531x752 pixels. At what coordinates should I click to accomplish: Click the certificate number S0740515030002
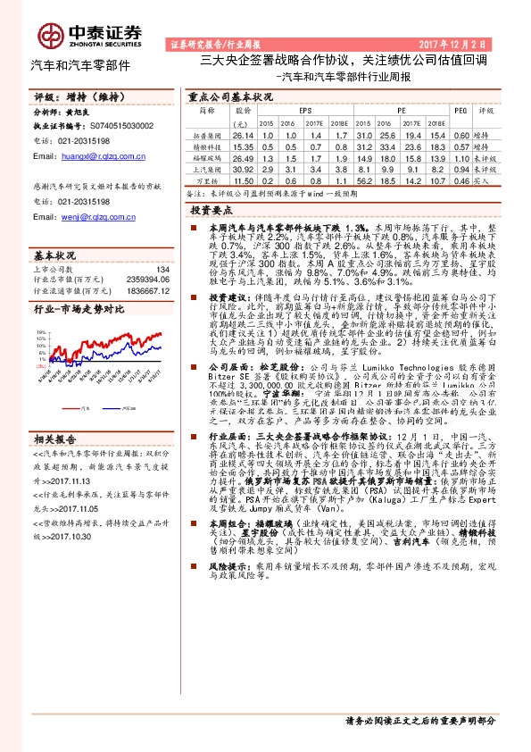(x=120, y=127)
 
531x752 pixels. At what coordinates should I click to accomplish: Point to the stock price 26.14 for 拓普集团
(x=242, y=133)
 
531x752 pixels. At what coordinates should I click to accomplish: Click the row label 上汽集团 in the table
(x=207, y=168)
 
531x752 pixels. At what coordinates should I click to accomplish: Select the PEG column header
(x=460, y=111)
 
